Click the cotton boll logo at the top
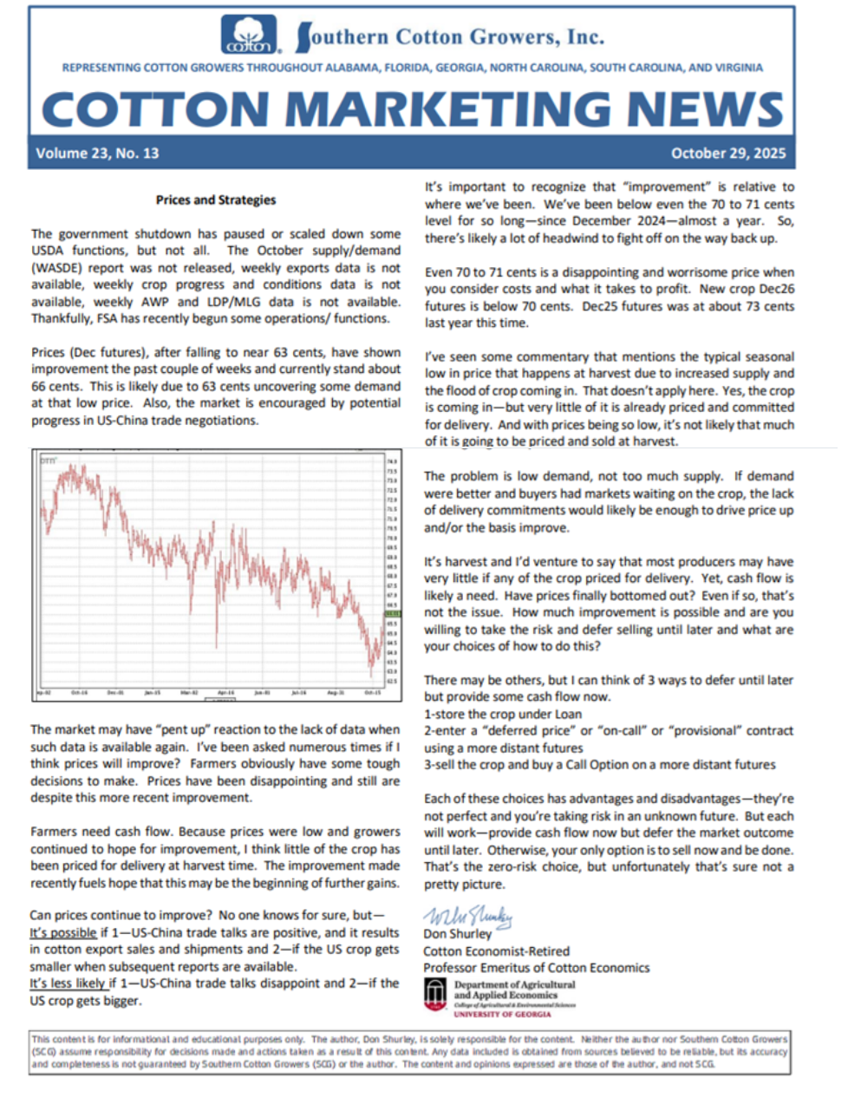pyautogui.click(x=250, y=36)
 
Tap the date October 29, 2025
pyautogui.click(x=728, y=154)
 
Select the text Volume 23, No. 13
pyautogui.click(x=97, y=154)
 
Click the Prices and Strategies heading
pyautogui.click(x=216, y=199)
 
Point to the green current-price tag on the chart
pyautogui.click(x=392, y=613)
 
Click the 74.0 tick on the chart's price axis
pyautogui.click(x=392, y=462)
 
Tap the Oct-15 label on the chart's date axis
pyautogui.click(x=372, y=693)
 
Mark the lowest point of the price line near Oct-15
pyautogui.click(x=371, y=674)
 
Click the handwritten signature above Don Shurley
pyautogui.click(x=467, y=916)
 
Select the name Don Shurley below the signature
pyautogui.click(x=457, y=934)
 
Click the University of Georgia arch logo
pyautogui.click(x=435, y=994)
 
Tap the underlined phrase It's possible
pyautogui.click(x=63, y=933)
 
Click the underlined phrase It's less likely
pyautogui.click(x=68, y=983)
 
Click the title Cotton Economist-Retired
pyautogui.click(x=496, y=951)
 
